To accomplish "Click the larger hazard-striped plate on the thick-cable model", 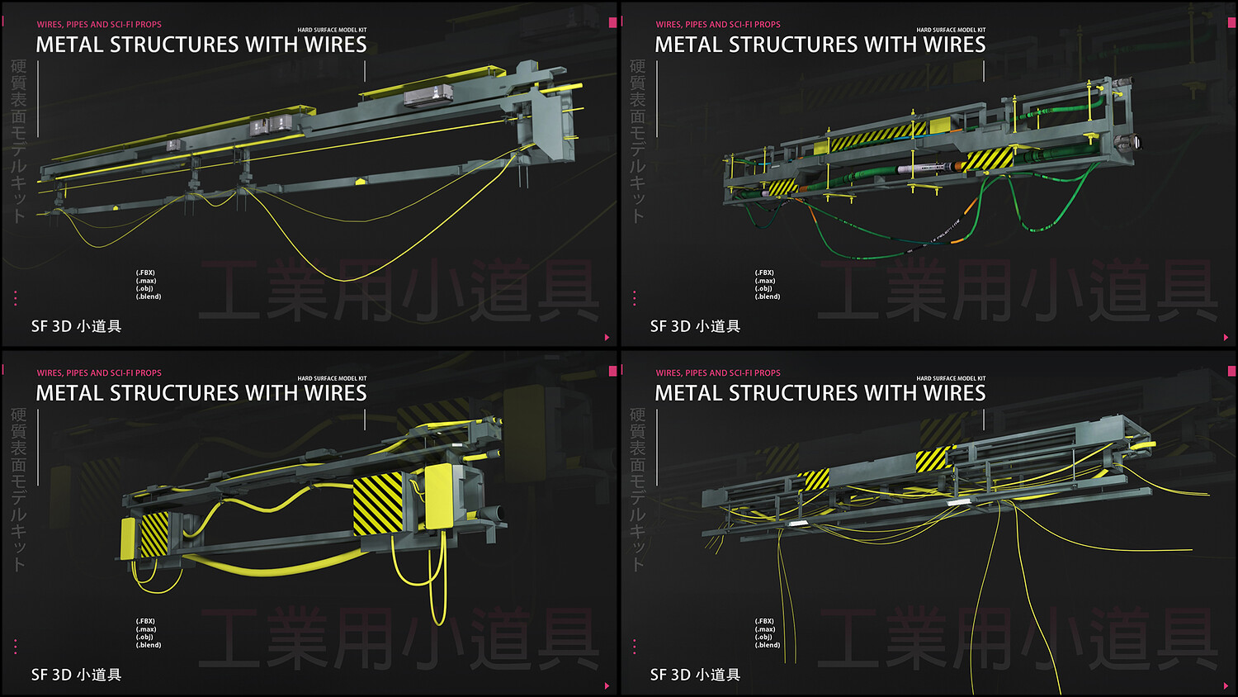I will coord(378,505).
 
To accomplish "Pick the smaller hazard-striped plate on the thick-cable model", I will coord(154,534).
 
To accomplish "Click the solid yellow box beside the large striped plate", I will coord(438,497).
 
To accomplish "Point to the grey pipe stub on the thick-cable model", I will coord(498,513).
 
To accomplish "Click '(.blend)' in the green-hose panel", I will coord(768,296).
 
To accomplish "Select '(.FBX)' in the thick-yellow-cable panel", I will coord(145,621).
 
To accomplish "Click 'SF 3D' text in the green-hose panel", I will coord(669,326).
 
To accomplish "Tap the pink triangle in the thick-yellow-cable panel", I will coord(607,686).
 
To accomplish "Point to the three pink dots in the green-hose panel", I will coord(634,298).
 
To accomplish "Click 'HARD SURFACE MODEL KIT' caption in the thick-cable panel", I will coord(332,378).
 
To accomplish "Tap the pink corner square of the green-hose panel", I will coord(1231,22).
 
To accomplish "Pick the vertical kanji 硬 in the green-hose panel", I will coord(637,67).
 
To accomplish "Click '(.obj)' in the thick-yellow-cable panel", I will coord(144,637).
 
